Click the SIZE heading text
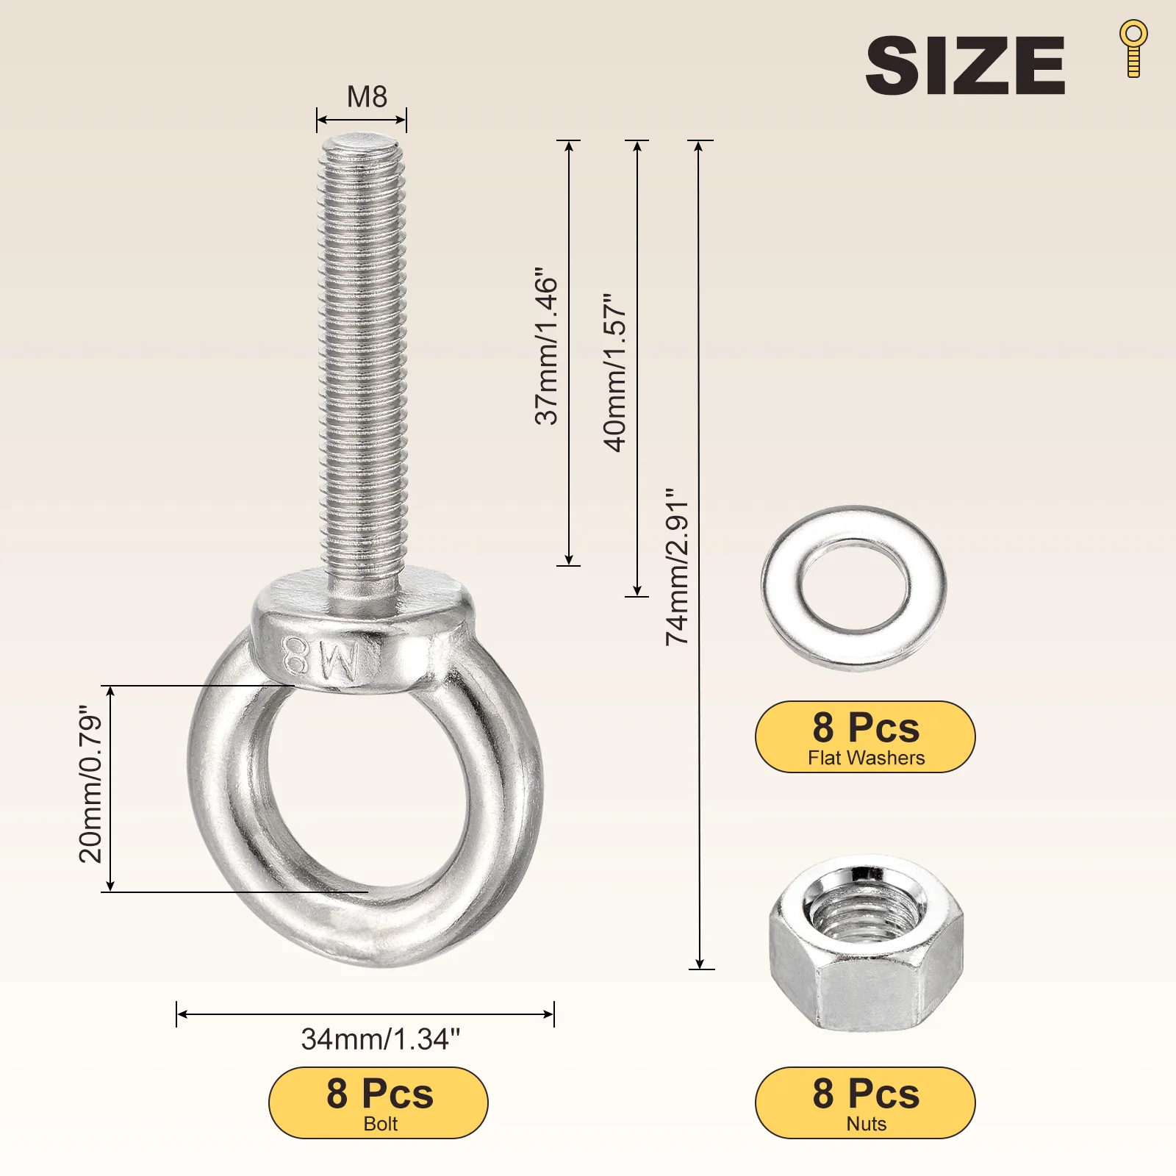[x=965, y=65]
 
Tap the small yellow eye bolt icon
[x=1133, y=49]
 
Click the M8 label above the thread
[x=367, y=96]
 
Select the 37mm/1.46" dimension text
[x=546, y=346]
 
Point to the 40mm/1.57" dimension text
[x=614, y=373]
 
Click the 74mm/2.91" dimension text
[x=677, y=567]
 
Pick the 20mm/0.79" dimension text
[x=90, y=784]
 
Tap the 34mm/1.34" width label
[x=381, y=1039]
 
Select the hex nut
[x=866, y=943]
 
